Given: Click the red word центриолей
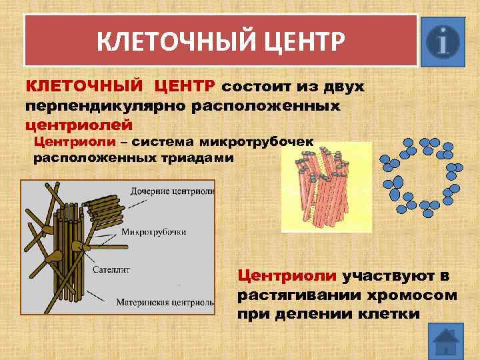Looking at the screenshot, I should pyautogui.click(x=79, y=124).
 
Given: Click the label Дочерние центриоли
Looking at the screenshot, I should pyautogui.click(x=173, y=191).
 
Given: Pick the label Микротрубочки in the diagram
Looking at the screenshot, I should pyautogui.click(x=153, y=232).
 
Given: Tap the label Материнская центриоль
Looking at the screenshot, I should pyautogui.click(x=165, y=301).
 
